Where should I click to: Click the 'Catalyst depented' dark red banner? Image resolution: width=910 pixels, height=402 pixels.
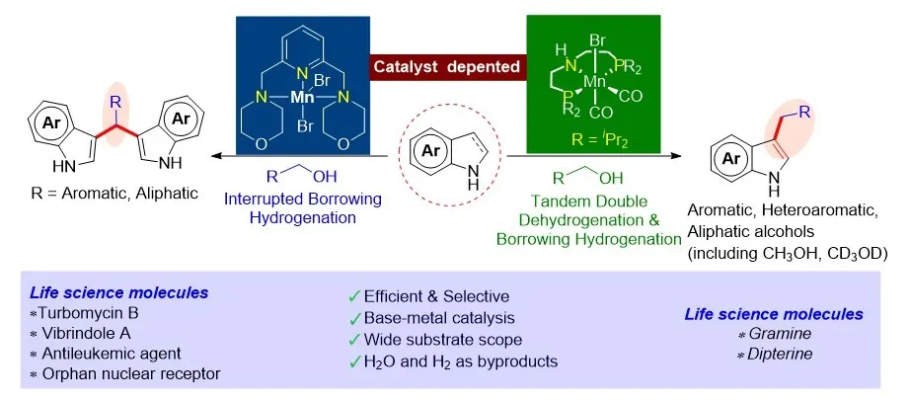(x=448, y=67)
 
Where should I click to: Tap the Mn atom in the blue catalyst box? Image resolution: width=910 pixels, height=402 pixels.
(x=302, y=98)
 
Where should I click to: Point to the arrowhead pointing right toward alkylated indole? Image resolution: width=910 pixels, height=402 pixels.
(x=675, y=156)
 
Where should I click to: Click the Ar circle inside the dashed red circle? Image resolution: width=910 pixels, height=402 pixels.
(x=429, y=152)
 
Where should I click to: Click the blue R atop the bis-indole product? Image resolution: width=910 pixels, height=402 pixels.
(x=114, y=104)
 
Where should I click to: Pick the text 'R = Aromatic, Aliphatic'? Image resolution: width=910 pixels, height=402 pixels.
(x=114, y=193)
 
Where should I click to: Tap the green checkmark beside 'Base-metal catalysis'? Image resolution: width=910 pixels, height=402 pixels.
(x=354, y=318)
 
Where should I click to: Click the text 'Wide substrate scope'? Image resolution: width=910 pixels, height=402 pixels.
(x=443, y=339)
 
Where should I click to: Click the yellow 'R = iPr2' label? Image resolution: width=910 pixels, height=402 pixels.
(x=594, y=141)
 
